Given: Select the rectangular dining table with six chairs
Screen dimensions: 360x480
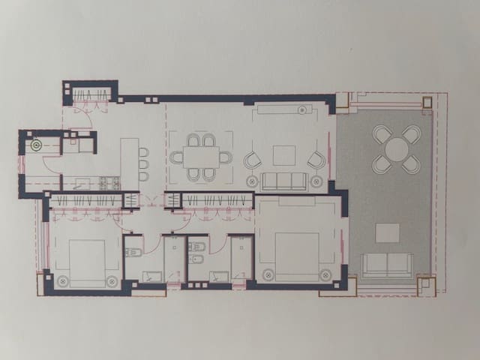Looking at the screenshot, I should [200, 157].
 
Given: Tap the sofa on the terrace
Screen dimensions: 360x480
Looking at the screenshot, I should [387, 265].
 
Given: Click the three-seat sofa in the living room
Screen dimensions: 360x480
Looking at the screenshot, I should [284, 181].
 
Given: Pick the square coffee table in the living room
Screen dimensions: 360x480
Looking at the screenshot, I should [284, 155].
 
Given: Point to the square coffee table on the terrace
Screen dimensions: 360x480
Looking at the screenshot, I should [387, 232].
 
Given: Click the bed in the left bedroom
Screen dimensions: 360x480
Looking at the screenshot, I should [88, 262].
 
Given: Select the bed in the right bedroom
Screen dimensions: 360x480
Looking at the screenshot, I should [295, 255].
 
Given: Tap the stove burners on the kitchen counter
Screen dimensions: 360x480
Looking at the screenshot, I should [109, 181].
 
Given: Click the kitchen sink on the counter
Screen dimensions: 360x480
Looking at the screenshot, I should [82, 181].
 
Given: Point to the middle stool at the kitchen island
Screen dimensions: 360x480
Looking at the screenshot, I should [143, 163].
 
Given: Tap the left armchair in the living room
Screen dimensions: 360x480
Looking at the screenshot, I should [252, 160].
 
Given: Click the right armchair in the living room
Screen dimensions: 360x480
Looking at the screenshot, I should [316, 160].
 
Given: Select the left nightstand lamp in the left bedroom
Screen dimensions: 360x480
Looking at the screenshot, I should [61, 281].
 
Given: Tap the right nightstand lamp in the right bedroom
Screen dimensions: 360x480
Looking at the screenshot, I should [325, 274].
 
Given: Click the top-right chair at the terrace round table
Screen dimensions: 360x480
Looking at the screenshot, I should [411, 134].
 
